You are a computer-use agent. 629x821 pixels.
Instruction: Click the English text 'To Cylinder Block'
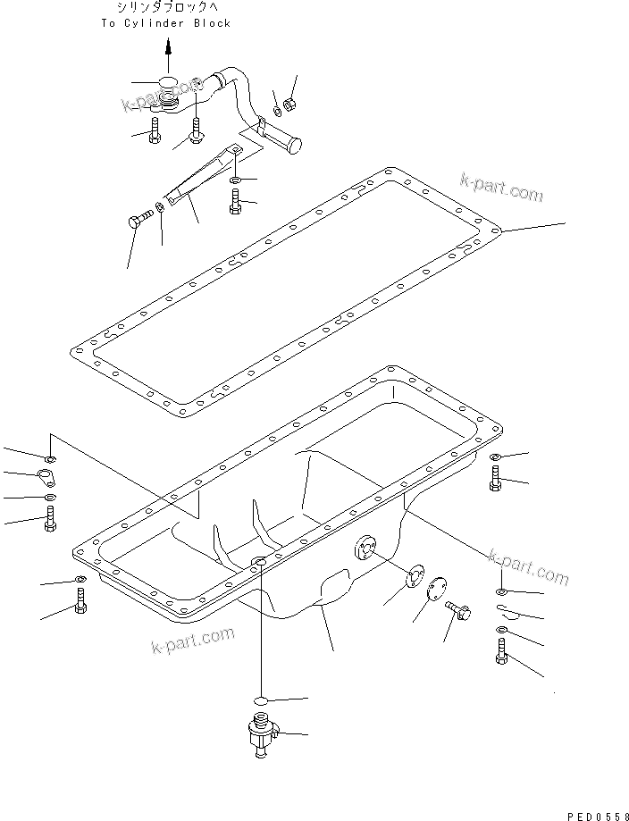coord(165,22)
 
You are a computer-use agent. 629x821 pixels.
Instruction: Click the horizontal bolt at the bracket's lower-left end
coord(139,221)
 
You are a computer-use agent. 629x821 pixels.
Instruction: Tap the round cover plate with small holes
coord(436,591)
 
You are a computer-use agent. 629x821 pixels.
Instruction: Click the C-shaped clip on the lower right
coord(506,611)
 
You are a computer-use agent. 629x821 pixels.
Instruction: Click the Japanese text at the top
coord(166,7)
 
